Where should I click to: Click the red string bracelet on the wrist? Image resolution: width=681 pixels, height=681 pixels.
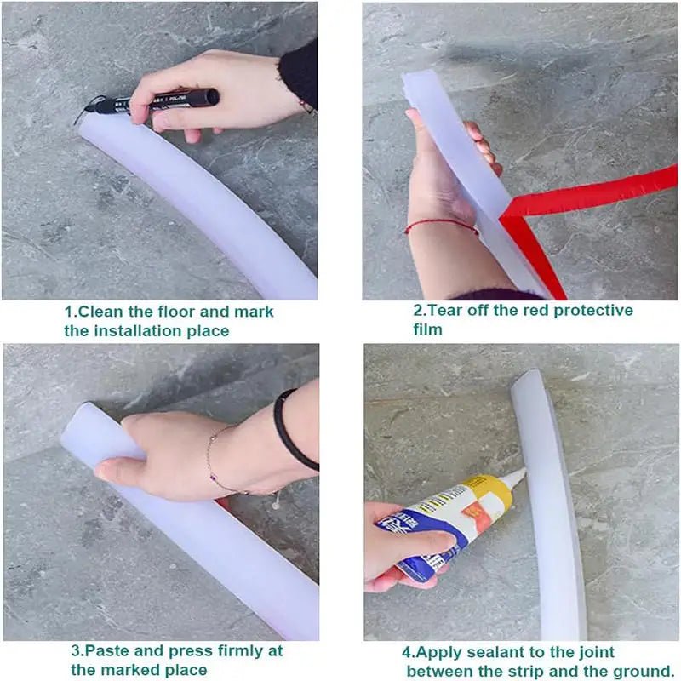pos(439,225)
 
